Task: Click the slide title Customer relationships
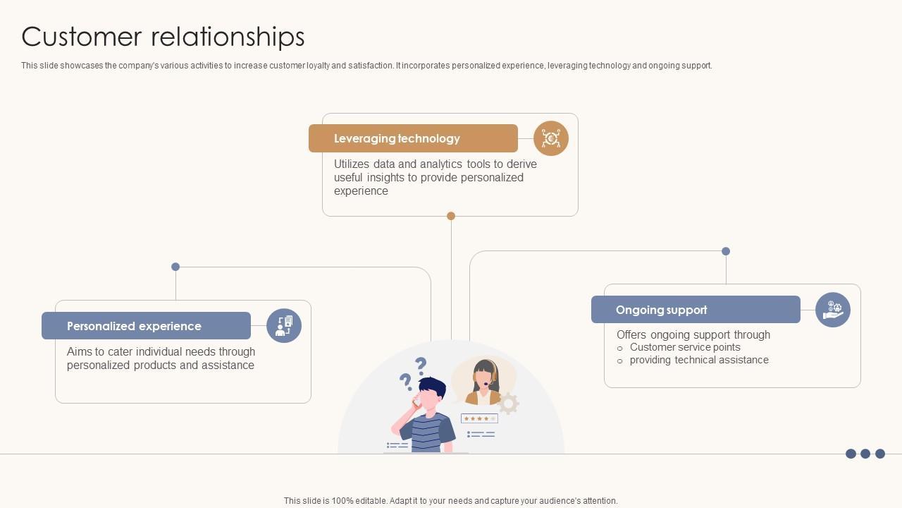(x=163, y=37)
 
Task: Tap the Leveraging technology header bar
(x=413, y=138)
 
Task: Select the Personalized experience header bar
(x=146, y=326)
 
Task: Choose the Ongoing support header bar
(x=696, y=310)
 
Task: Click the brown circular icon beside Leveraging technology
(x=551, y=138)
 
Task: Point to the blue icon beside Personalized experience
(x=284, y=326)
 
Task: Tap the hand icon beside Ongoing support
(x=833, y=310)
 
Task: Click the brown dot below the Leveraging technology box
(x=451, y=216)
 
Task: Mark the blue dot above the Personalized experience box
(x=175, y=267)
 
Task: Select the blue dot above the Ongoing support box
(x=726, y=251)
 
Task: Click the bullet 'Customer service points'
(x=685, y=347)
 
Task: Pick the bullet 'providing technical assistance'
(x=699, y=360)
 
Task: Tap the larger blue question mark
(x=421, y=365)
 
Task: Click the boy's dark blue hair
(x=431, y=387)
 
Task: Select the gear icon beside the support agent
(x=508, y=403)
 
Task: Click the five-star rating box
(x=479, y=418)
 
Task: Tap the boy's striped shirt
(x=428, y=431)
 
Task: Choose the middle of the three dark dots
(x=865, y=454)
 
